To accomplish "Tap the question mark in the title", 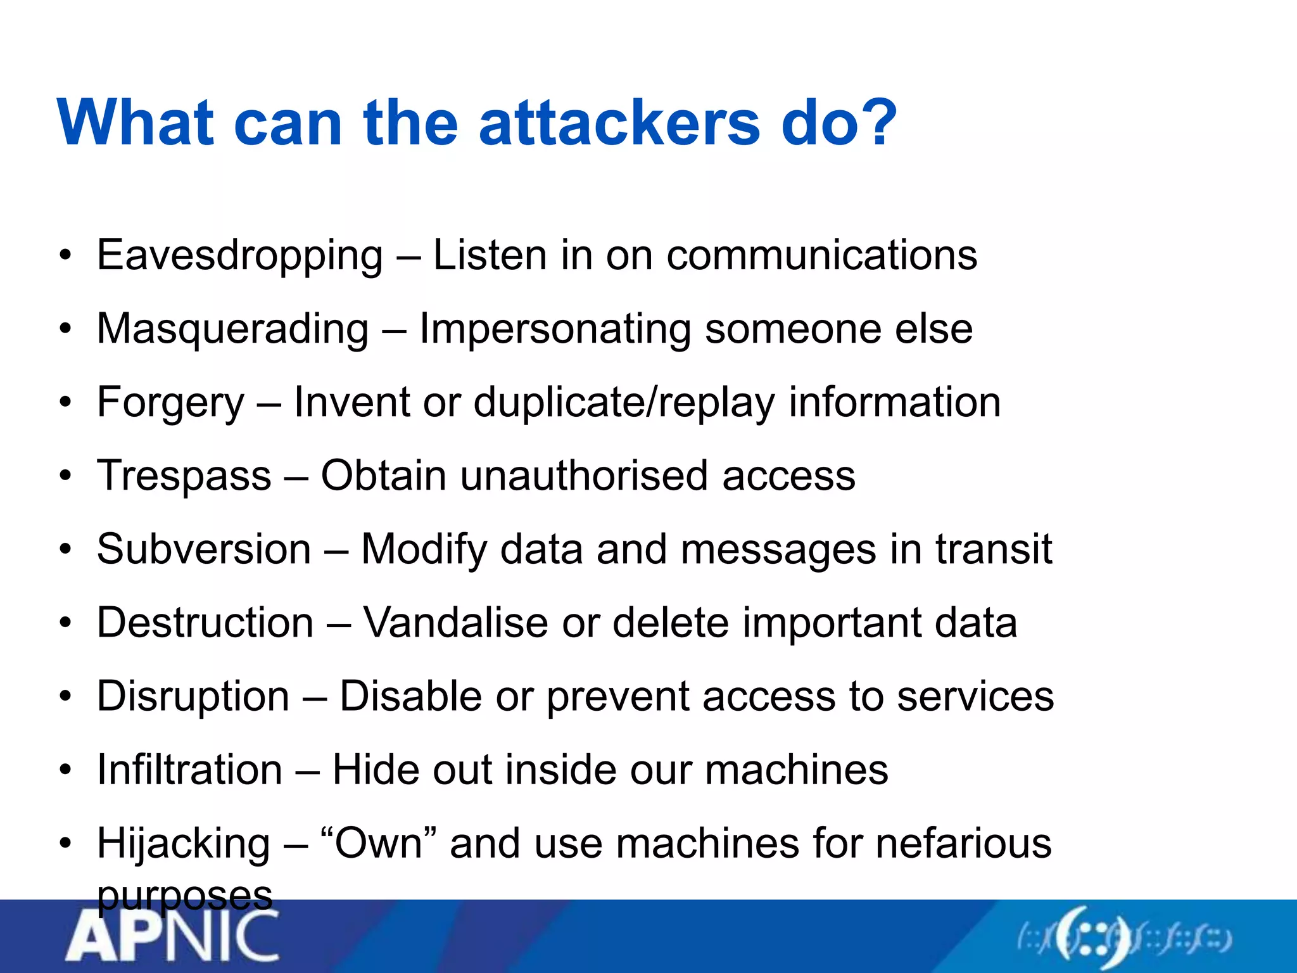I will tap(875, 122).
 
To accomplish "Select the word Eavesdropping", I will tap(240, 256).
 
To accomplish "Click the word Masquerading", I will tap(232, 329).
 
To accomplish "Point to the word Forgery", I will tap(170, 403).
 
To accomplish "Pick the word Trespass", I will tap(184, 476).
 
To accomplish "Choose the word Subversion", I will tap(204, 549).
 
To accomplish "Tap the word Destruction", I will tap(205, 623).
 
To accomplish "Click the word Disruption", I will tap(193, 696).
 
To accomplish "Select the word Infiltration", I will tap(189, 770).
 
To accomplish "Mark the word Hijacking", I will tap(184, 844).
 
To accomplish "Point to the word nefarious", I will tap(963, 843).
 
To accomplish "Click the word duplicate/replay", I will tap(624, 403).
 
